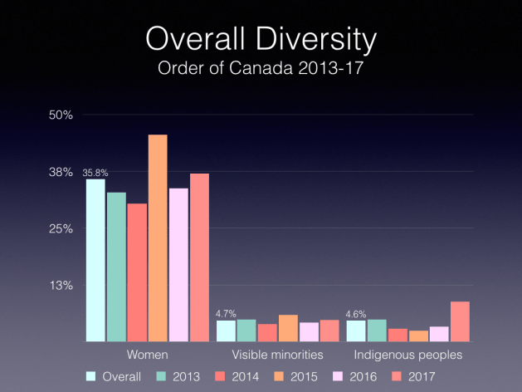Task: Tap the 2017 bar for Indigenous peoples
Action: pos(460,321)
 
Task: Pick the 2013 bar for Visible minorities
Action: pos(246,331)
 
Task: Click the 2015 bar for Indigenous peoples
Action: pos(418,336)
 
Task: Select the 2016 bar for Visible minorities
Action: pos(309,332)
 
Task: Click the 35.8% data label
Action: pos(95,173)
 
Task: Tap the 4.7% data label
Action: pos(226,314)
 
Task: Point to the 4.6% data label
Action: pos(356,314)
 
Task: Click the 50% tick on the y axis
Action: pos(62,115)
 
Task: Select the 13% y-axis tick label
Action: pos(62,286)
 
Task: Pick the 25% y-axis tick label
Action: pos(62,228)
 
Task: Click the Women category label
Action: pos(148,355)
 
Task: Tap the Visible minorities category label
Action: pos(278,355)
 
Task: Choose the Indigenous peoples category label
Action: pos(408,355)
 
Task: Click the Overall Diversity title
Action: pos(261,40)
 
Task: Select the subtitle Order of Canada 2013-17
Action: pos(261,67)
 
